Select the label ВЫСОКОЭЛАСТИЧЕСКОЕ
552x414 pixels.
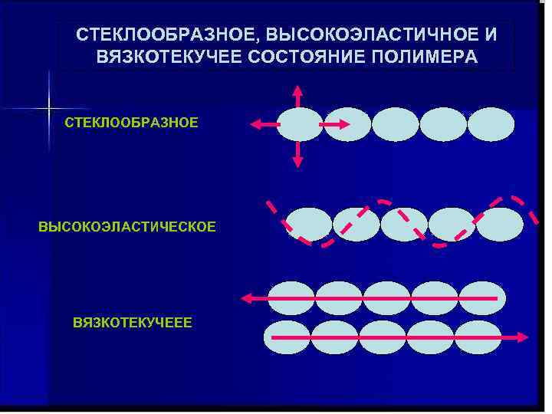[127, 227]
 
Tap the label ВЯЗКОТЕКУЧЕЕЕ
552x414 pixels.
[132, 323]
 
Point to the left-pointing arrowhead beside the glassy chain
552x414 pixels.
[255, 124]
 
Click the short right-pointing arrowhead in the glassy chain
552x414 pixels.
[345, 124]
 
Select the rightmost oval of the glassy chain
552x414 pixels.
[491, 124]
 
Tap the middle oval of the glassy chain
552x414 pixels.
[396, 124]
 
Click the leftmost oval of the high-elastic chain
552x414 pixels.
[309, 225]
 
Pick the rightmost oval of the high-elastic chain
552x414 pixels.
[500, 225]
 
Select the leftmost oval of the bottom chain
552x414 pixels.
[287, 337]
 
